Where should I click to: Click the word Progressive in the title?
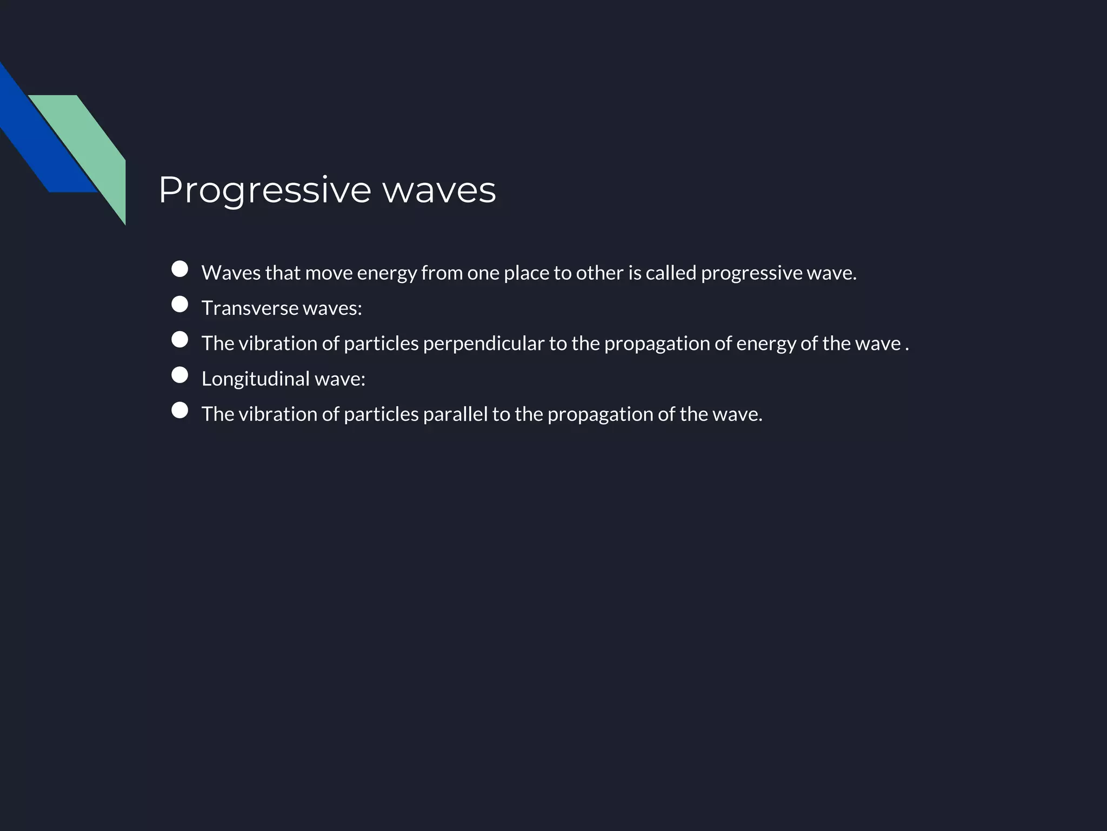click(264, 190)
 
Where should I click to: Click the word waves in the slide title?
click(439, 190)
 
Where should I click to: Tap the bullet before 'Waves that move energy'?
click(179, 269)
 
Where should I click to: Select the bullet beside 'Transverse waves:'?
click(179, 304)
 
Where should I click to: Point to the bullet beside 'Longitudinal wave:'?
click(179, 375)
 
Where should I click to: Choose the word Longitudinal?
click(256, 379)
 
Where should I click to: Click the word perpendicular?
click(483, 344)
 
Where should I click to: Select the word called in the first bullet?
click(671, 273)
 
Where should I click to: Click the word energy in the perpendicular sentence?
click(765, 344)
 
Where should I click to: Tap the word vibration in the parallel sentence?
click(278, 414)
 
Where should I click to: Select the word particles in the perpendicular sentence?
click(381, 344)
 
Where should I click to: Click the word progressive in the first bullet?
click(751, 273)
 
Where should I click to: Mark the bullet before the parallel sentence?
click(179, 410)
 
